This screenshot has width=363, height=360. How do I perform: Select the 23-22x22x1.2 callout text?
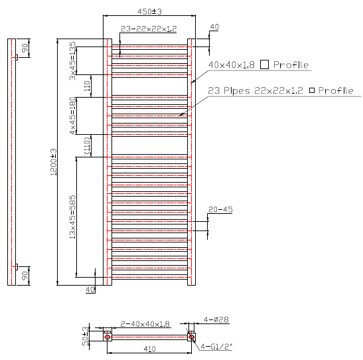[x=149, y=29]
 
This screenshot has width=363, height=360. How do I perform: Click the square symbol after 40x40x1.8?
[x=264, y=64]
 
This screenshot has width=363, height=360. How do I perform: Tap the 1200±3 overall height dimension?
[x=52, y=162]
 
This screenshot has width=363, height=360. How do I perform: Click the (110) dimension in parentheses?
[x=86, y=145]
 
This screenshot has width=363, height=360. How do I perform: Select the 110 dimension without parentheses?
[x=86, y=86]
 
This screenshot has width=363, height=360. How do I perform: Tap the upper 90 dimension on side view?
[x=25, y=48]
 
